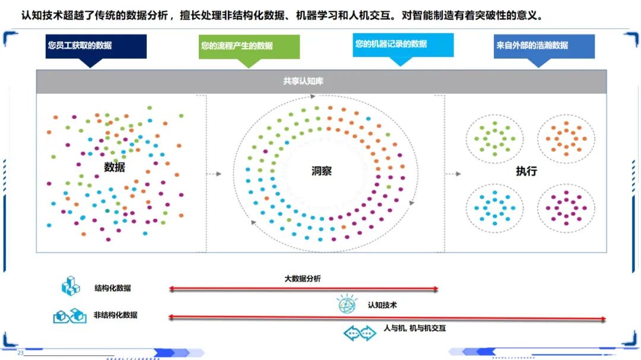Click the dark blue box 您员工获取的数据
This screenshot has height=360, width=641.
[x=96, y=46]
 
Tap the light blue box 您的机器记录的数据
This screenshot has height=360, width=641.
[x=403, y=45]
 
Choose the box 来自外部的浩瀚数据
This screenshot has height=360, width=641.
[x=544, y=46]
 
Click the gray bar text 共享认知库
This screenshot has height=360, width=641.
[x=303, y=81]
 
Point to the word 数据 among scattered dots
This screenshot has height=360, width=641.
[x=115, y=167]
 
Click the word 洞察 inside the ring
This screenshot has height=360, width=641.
[x=322, y=171]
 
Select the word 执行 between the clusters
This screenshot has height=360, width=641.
[x=526, y=171]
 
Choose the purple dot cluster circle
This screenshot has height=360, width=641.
[x=566, y=207]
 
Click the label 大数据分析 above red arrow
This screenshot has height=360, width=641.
[x=303, y=278]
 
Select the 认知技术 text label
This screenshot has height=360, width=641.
[x=382, y=305]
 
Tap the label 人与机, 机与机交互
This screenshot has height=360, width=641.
[x=414, y=328]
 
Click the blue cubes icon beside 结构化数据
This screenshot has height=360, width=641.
[x=71, y=286]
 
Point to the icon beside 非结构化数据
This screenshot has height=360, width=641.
[x=70, y=316]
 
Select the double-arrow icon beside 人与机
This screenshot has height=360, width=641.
[x=360, y=333]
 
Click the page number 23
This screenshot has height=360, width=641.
[x=21, y=353]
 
